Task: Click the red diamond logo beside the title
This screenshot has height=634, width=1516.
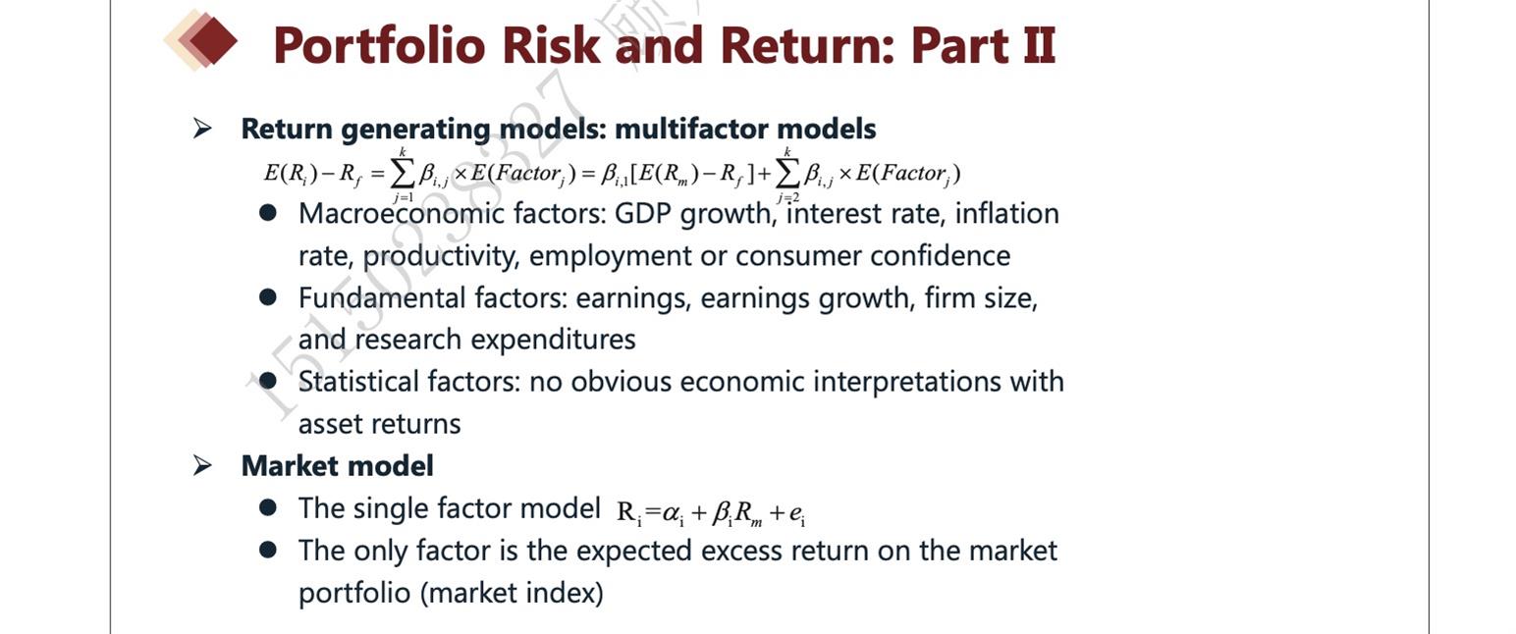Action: [202, 40]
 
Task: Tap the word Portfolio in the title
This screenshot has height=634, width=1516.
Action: [380, 45]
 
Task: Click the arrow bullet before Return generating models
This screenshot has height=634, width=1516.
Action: [202, 128]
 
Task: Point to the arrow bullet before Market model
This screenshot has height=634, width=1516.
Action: [202, 465]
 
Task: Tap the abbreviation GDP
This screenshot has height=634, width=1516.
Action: [642, 214]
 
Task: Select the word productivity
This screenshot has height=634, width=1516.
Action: [441, 256]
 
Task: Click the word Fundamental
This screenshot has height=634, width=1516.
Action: [382, 298]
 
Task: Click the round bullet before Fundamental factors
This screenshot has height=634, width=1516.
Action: [268, 297]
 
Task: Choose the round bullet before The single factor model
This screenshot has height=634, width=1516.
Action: [268, 507]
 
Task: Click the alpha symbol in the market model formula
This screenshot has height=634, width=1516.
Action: [673, 514]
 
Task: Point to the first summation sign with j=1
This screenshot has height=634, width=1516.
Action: [402, 176]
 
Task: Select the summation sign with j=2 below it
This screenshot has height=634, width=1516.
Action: [786, 176]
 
